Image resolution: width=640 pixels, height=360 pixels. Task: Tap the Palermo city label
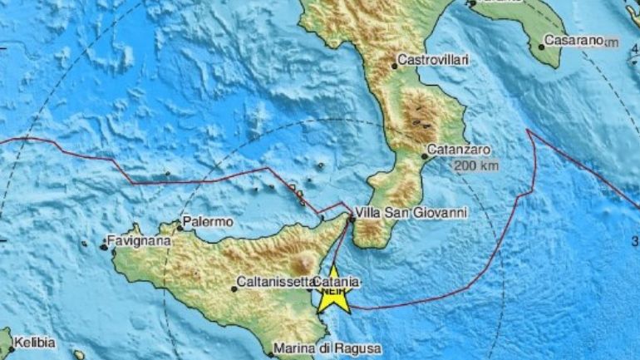pos(206,222)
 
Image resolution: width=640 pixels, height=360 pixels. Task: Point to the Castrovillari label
pos(433,60)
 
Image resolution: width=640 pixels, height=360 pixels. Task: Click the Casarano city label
pos(574,40)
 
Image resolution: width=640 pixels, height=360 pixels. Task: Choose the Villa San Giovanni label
pos(411,212)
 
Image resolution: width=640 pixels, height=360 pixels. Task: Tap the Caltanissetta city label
pos(273,282)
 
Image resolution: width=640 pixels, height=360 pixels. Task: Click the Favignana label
pos(140,242)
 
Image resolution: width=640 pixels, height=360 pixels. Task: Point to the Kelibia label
pos(33,343)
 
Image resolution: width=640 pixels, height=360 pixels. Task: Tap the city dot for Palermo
pos(180,227)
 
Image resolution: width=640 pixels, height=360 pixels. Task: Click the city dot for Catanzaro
pos(425,155)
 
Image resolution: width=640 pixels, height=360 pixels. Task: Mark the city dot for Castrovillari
pos(394,65)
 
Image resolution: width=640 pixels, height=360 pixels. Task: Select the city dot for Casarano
pos(541,46)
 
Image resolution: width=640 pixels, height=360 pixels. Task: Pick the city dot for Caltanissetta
pos(234,288)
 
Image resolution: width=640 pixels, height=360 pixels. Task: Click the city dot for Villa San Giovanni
pos(351,219)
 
